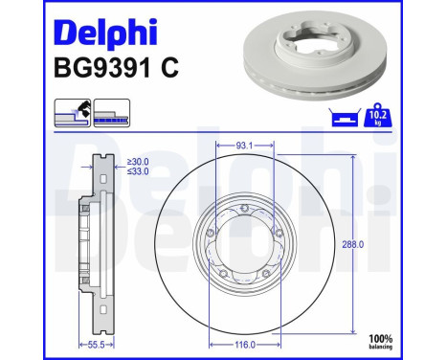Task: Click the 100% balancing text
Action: click(x=410, y=340)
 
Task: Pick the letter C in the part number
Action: click(x=170, y=69)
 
